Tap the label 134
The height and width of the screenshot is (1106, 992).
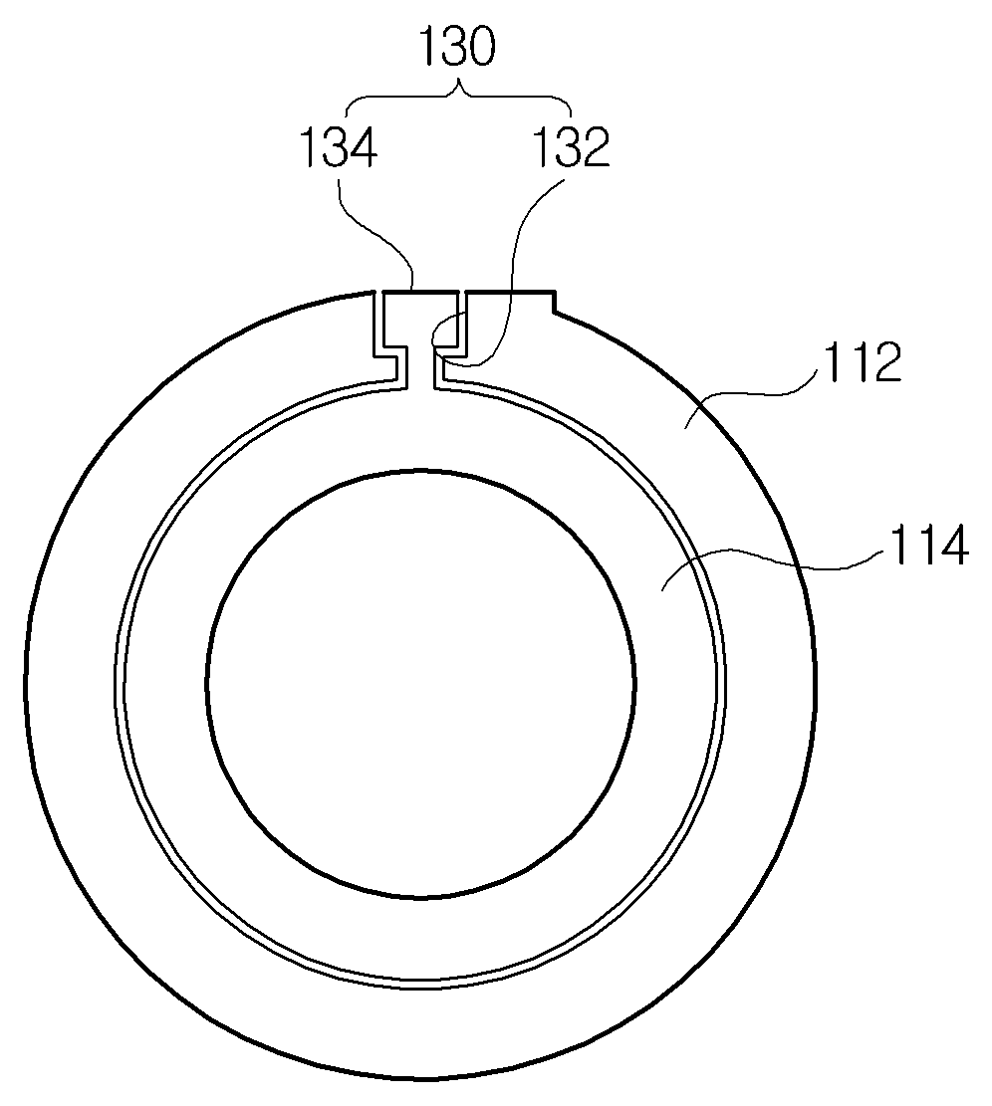(340, 148)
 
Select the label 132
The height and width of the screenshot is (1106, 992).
(571, 148)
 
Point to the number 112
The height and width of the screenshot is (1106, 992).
(864, 363)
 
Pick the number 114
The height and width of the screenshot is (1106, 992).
(928, 547)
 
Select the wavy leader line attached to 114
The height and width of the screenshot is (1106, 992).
(769, 560)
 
